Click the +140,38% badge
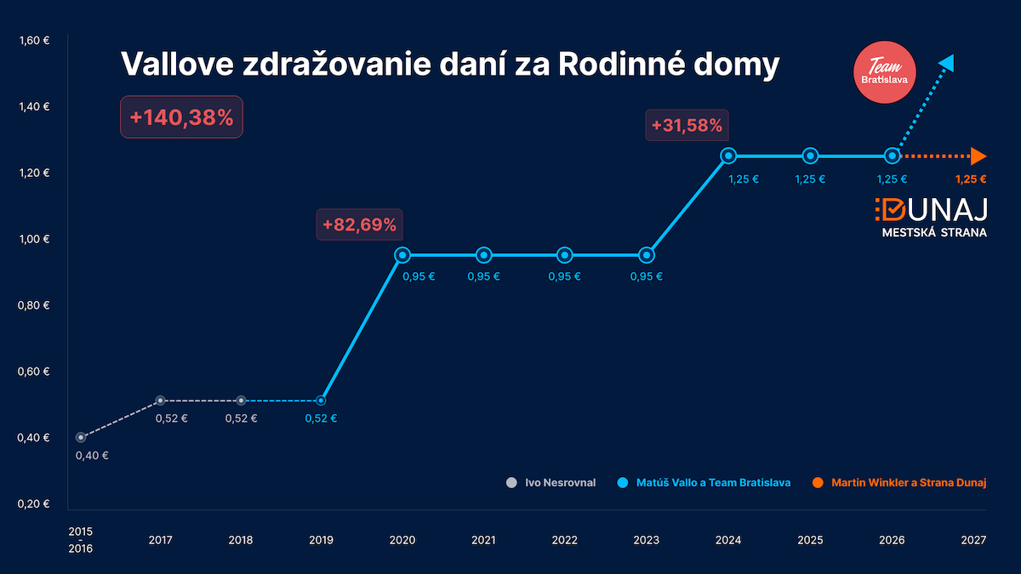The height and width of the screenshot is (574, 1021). (181, 118)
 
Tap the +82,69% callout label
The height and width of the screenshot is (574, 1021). (359, 225)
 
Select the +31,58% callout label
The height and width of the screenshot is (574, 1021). (687, 127)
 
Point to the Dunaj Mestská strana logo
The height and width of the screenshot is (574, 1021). (931, 218)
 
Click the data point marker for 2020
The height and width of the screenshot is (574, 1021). (402, 254)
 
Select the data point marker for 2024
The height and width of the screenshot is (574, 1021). (728, 156)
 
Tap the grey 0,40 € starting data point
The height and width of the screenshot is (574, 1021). (81, 437)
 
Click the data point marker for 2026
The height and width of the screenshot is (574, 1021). (892, 156)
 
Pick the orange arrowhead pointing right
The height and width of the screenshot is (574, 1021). (978, 156)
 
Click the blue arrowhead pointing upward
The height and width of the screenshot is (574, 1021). (947, 62)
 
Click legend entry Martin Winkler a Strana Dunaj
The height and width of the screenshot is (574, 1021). (898, 483)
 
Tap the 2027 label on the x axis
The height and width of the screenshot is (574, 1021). (973, 540)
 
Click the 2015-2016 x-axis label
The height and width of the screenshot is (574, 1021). (81, 540)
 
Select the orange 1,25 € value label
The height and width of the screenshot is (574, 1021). (971, 179)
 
